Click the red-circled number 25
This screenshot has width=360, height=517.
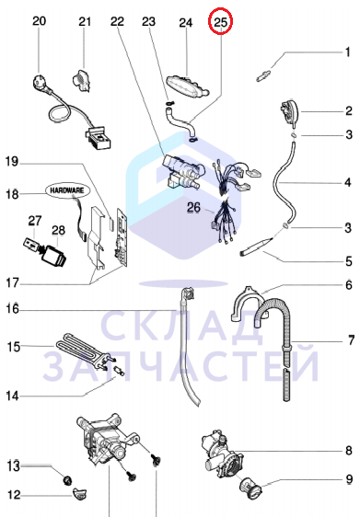[x=221, y=22]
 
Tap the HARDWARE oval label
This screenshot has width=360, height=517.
[x=67, y=190]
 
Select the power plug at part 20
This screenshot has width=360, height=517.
[x=40, y=82]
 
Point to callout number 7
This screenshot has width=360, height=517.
[x=351, y=340]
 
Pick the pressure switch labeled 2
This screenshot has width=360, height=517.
[x=289, y=113]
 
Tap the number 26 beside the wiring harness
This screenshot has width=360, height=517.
[x=193, y=207]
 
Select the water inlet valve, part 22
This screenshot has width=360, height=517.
[x=181, y=172]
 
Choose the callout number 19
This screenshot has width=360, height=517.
[x=12, y=162]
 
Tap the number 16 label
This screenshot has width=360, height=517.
[x=13, y=309]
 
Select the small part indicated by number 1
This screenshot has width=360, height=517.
[x=263, y=75]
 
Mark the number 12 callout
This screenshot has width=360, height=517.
[x=14, y=495]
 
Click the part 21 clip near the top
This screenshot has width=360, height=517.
[x=81, y=80]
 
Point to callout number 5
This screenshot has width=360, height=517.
[x=349, y=261]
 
